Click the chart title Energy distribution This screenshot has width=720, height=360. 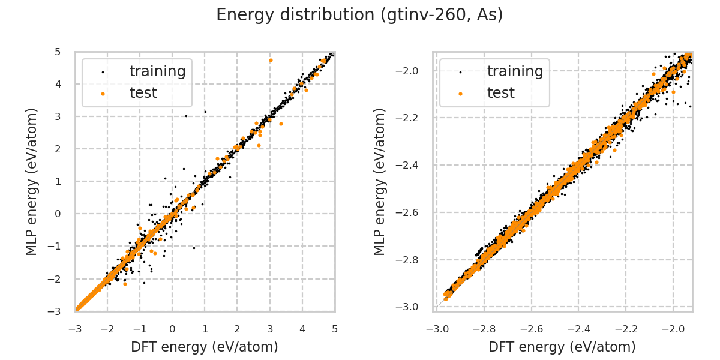click(359, 15)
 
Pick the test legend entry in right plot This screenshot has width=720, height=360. click(500, 92)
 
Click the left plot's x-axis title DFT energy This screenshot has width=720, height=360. click(205, 347)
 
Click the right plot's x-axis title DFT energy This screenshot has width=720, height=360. click(562, 347)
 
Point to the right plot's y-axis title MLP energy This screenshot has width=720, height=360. click(380, 181)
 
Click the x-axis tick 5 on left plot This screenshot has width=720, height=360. click(334, 329)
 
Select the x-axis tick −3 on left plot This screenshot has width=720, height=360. click(75, 329)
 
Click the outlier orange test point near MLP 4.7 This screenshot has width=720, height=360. click(271, 60)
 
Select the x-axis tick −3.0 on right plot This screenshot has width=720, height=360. click(437, 329)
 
